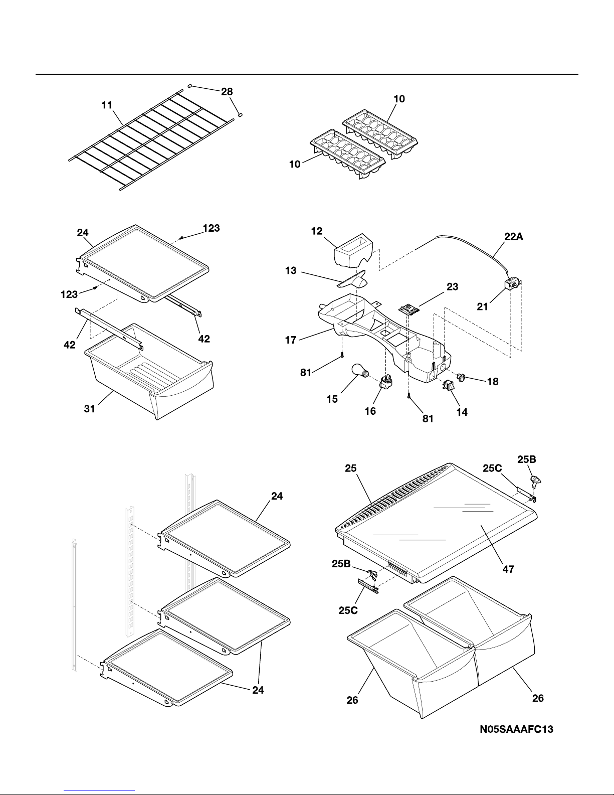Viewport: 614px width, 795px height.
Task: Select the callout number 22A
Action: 513,237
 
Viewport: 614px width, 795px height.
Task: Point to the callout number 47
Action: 508,569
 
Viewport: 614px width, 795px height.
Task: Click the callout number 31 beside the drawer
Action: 90,409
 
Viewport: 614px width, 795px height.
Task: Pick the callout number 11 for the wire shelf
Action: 107,105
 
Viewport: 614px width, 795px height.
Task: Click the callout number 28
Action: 227,91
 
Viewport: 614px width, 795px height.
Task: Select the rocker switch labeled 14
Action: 448,385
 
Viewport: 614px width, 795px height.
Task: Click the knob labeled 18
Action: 462,377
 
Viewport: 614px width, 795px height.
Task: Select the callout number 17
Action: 291,340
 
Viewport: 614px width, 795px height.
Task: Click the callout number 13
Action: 291,271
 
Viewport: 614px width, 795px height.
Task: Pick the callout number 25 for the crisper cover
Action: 351,468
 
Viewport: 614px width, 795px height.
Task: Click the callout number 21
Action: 482,306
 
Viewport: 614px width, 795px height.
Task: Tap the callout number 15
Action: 332,399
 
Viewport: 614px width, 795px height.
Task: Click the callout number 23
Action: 453,287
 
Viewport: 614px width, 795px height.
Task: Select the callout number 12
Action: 317,231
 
